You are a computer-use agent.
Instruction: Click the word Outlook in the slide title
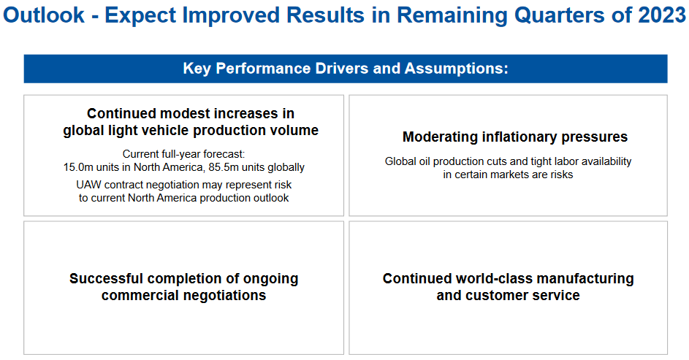pos(44,15)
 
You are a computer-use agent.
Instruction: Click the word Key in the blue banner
pos(197,69)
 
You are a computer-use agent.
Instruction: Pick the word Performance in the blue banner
pos(263,69)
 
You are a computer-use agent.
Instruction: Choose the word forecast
pos(224,154)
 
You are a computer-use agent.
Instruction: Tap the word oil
pos(425,161)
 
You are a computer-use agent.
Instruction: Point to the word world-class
pos(495,279)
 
